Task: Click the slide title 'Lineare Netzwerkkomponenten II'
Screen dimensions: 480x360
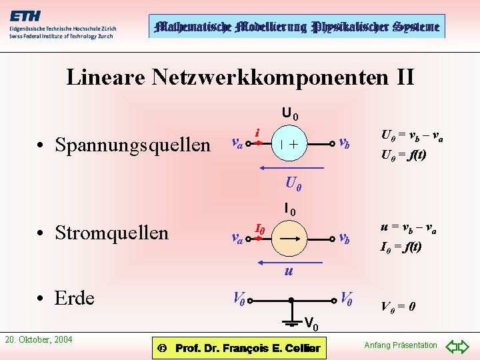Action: tap(240, 77)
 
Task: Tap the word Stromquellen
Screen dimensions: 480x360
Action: tap(111, 232)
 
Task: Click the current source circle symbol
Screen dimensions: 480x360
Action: tap(289, 237)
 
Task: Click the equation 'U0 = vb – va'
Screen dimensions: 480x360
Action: tap(411, 136)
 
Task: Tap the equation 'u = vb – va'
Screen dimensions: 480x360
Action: tap(408, 228)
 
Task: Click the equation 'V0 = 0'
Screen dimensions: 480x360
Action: tap(399, 307)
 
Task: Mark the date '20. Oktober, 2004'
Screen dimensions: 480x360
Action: tap(39, 340)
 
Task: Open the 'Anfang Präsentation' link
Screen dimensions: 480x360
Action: tap(401, 345)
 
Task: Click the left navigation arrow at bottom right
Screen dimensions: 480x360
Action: tap(451, 347)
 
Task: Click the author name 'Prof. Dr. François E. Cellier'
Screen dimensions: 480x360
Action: tap(247, 348)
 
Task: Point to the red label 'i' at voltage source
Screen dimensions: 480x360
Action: tap(257, 133)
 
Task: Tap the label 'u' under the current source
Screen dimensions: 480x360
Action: tap(288, 271)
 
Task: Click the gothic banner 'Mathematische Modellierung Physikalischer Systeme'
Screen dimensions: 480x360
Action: tap(297, 27)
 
